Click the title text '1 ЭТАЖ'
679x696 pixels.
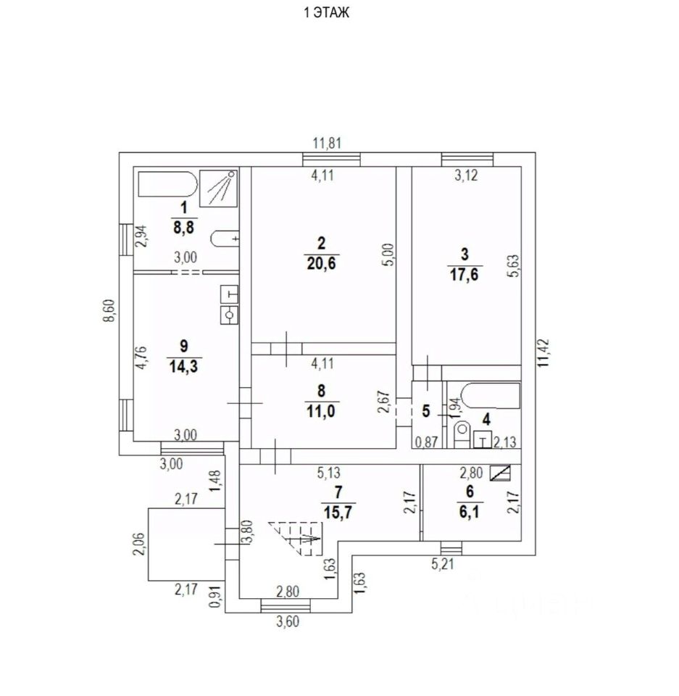pyautogui.click(x=327, y=12)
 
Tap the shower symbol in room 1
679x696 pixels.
pyautogui.click(x=218, y=188)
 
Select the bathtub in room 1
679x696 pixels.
pyautogui.click(x=167, y=184)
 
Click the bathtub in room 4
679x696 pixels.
pyautogui.click(x=490, y=396)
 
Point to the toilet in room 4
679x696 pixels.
pyautogui.click(x=462, y=434)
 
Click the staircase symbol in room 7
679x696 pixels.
pyautogui.click(x=295, y=539)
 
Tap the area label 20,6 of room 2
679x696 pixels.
pyautogui.click(x=322, y=264)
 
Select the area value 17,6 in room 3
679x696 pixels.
pyautogui.click(x=465, y=275)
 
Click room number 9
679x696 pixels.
pyautogui.click(x=184, y=346)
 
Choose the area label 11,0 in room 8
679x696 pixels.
pyautogui.click(x=321, y=412)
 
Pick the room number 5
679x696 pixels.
pyautogui.click(x=426, y=411)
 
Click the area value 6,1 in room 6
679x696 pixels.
pyautogui.click(x=470, y=512)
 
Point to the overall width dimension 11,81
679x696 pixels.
pyautogui.click(x=328, y=144)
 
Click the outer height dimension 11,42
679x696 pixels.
pyautogui.click(x=544, y=353)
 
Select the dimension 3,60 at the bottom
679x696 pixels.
pyautogui.click(x=288, y=622)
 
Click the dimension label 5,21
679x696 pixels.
pyautogui.click(x=443, y=565)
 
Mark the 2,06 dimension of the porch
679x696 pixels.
pyautogui.click(x=138, y=544)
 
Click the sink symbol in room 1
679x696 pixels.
pyautogui.click(x=225, y=239)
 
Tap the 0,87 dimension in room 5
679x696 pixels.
pyautogui.click(x=427, y=442)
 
